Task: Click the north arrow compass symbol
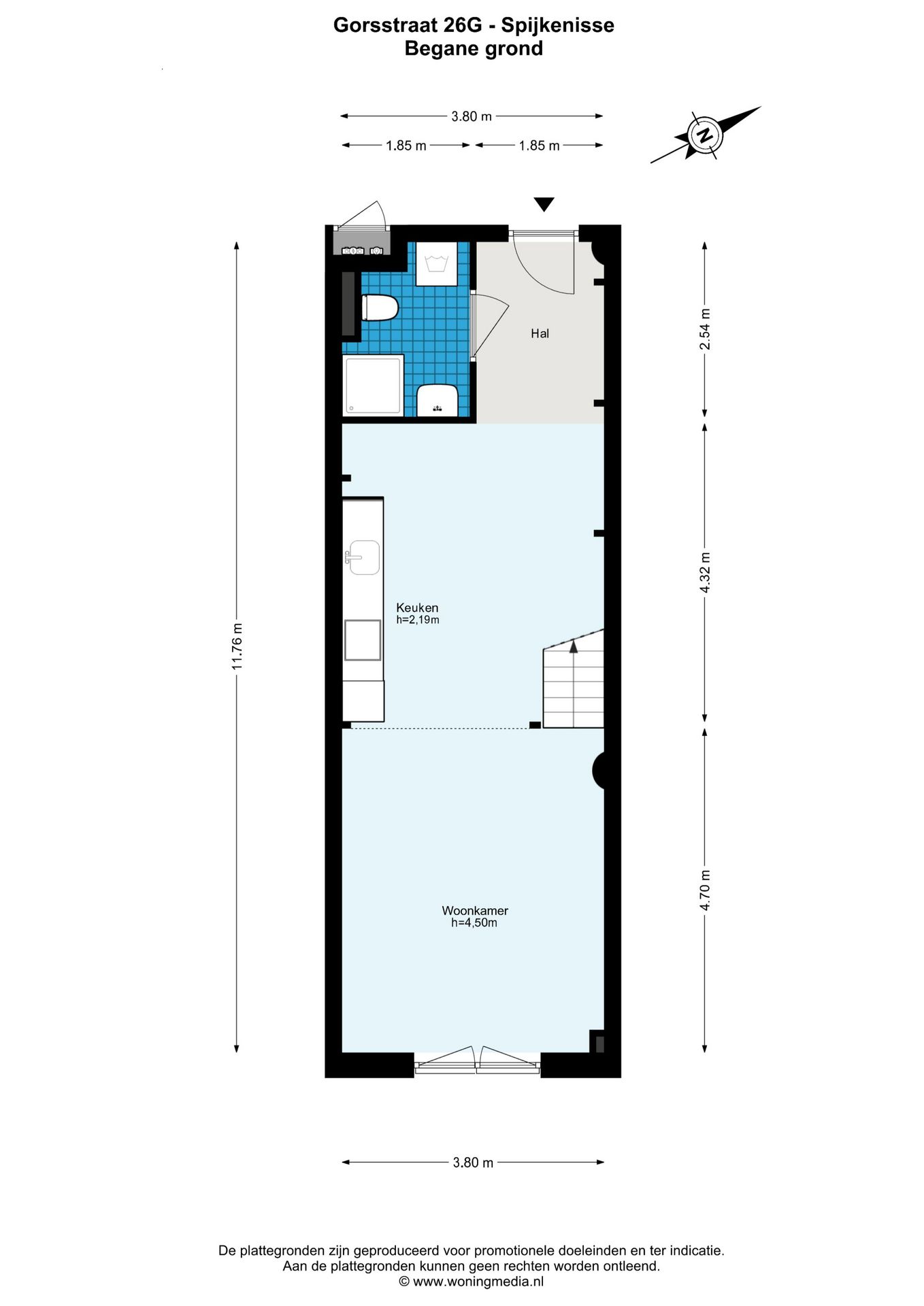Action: [706, 134]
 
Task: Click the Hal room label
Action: [540, 333]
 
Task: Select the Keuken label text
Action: [417, 607]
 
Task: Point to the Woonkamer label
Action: [475, 910]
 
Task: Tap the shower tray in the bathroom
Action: [374, 385]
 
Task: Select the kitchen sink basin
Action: [365, 558]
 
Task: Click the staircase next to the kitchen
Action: [574, 684]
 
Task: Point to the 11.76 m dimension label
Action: [237, 646]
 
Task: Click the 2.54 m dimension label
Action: [705, 329]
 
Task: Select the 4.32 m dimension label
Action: [705, 573]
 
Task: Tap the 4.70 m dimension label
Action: [705, 890]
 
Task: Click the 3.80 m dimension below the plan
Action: [473, 1162]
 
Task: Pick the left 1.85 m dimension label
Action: [406, 146]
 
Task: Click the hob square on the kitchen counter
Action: [362, 640]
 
